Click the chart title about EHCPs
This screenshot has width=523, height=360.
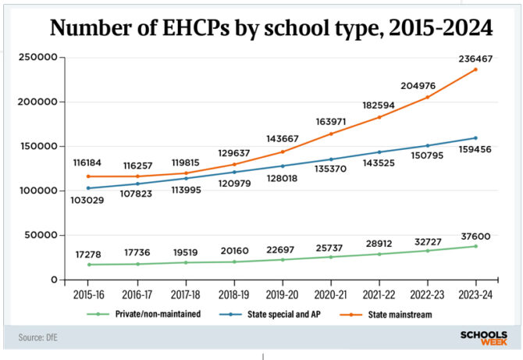(x=271, y=29)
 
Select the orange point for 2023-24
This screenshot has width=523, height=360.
(x=475, y=70)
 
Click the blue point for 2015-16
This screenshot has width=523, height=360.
(x=65, y=188)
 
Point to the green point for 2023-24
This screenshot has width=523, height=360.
(x=475, y=246)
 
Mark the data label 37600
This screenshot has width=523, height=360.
(x=475, y=233)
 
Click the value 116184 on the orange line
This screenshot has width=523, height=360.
(x=65, y=162)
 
